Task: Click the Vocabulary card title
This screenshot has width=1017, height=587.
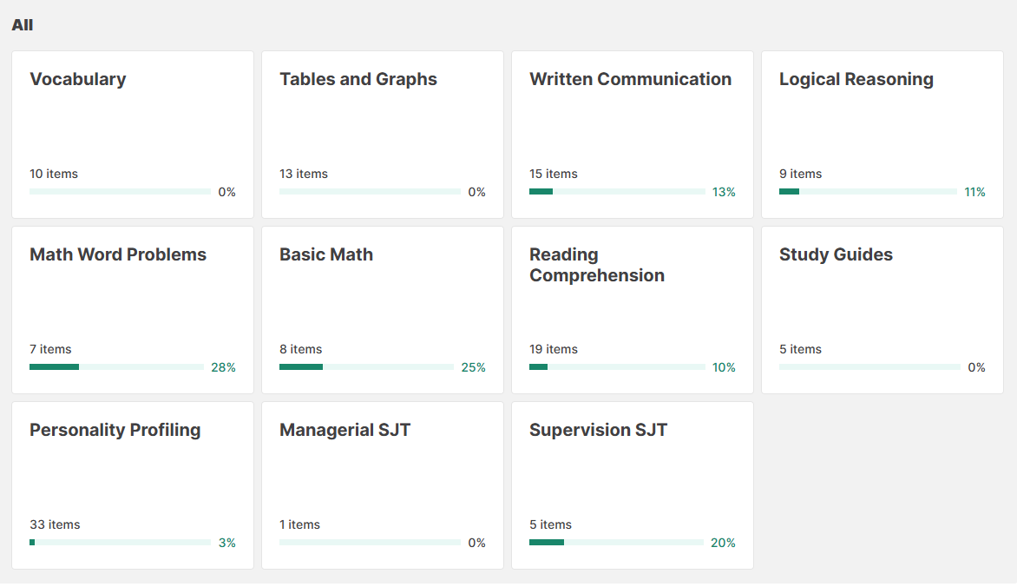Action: click(78, 79)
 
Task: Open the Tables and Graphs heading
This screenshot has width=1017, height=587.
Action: click(358, 79)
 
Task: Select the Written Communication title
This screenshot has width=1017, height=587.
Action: click(630, 79)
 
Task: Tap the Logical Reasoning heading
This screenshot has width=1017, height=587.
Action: click(856, 79)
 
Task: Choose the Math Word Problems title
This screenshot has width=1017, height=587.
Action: click(118, 254)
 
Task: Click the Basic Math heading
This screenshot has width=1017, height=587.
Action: click(326, 254)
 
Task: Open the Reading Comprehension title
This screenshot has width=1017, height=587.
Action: click(597, 265)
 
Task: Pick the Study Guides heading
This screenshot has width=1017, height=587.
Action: click(836, 254)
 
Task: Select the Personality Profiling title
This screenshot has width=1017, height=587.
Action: click(115, 430)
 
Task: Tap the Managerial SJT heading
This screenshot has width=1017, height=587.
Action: click(344, 430)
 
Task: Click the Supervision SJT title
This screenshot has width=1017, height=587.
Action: click(598, 430)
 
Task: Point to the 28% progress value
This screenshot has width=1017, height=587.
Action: click(223, 367)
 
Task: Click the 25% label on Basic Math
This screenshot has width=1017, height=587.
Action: click(473, 367)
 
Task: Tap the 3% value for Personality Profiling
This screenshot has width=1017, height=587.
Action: click(226, 543)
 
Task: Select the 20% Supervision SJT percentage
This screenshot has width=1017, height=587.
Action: click(723, 543)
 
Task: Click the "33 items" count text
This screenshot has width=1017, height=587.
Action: click(55, 524)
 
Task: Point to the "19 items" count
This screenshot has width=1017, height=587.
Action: click(554, 349)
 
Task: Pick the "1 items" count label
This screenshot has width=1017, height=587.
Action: click(299, 524)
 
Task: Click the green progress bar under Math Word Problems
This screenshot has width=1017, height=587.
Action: click(54, 367)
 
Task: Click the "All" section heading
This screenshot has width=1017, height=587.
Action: click(23, 25)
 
